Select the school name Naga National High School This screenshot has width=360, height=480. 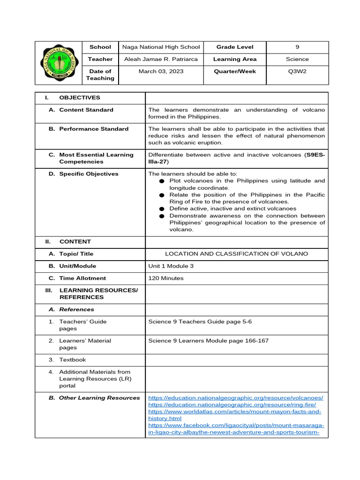click(x=161, y=47)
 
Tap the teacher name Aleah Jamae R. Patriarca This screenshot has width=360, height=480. click(x=161, y=59)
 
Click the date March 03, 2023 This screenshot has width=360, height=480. click(x=161, y=71)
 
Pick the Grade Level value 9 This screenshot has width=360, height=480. click(x=297, y=47)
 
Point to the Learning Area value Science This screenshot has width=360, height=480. click(x=297, y=59)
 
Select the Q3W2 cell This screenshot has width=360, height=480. click(x=297, y=71)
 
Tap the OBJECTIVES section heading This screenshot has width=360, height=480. click(x=79, y=97)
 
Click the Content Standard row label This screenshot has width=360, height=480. click(x=86, y=110)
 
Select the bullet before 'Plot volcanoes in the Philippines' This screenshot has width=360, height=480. click(x=161, y=181)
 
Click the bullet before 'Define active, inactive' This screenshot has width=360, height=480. click(x=161, y=209)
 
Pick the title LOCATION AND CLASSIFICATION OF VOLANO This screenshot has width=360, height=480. click(x=237, y=254)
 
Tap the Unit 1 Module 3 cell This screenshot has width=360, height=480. click(x=171, y=266)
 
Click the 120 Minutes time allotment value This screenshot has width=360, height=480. click(x=166, y=278)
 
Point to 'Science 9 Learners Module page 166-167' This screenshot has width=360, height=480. click(x=208, y=341)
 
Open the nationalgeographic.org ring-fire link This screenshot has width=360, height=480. click(x=232, y=405)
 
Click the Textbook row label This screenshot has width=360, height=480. click(x=72, y=360)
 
